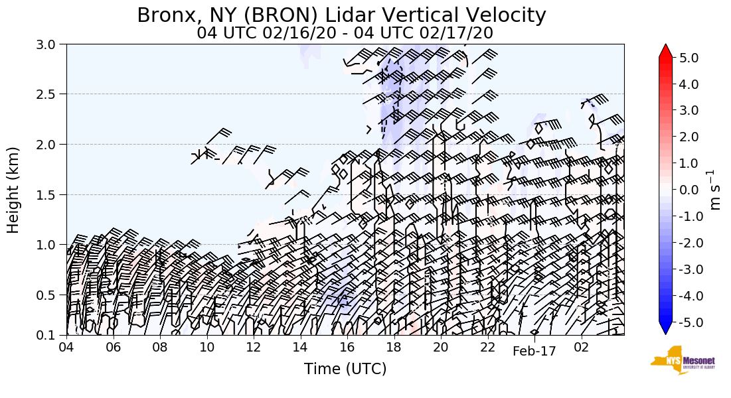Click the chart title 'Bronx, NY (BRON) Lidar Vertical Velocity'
[x=341, y=15]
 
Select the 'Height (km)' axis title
[x=14, y=190]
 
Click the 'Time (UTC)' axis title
[x=345, y=369]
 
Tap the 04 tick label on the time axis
[x=66, y=348]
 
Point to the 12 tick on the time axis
[x=254, y=348]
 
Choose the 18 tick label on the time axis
[x=394, y=348]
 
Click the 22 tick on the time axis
[x=488, y=348]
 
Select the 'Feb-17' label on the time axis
[x=534, y=352]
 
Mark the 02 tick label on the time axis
[x=582, y=348]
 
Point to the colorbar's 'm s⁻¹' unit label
[x=714, y=190]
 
